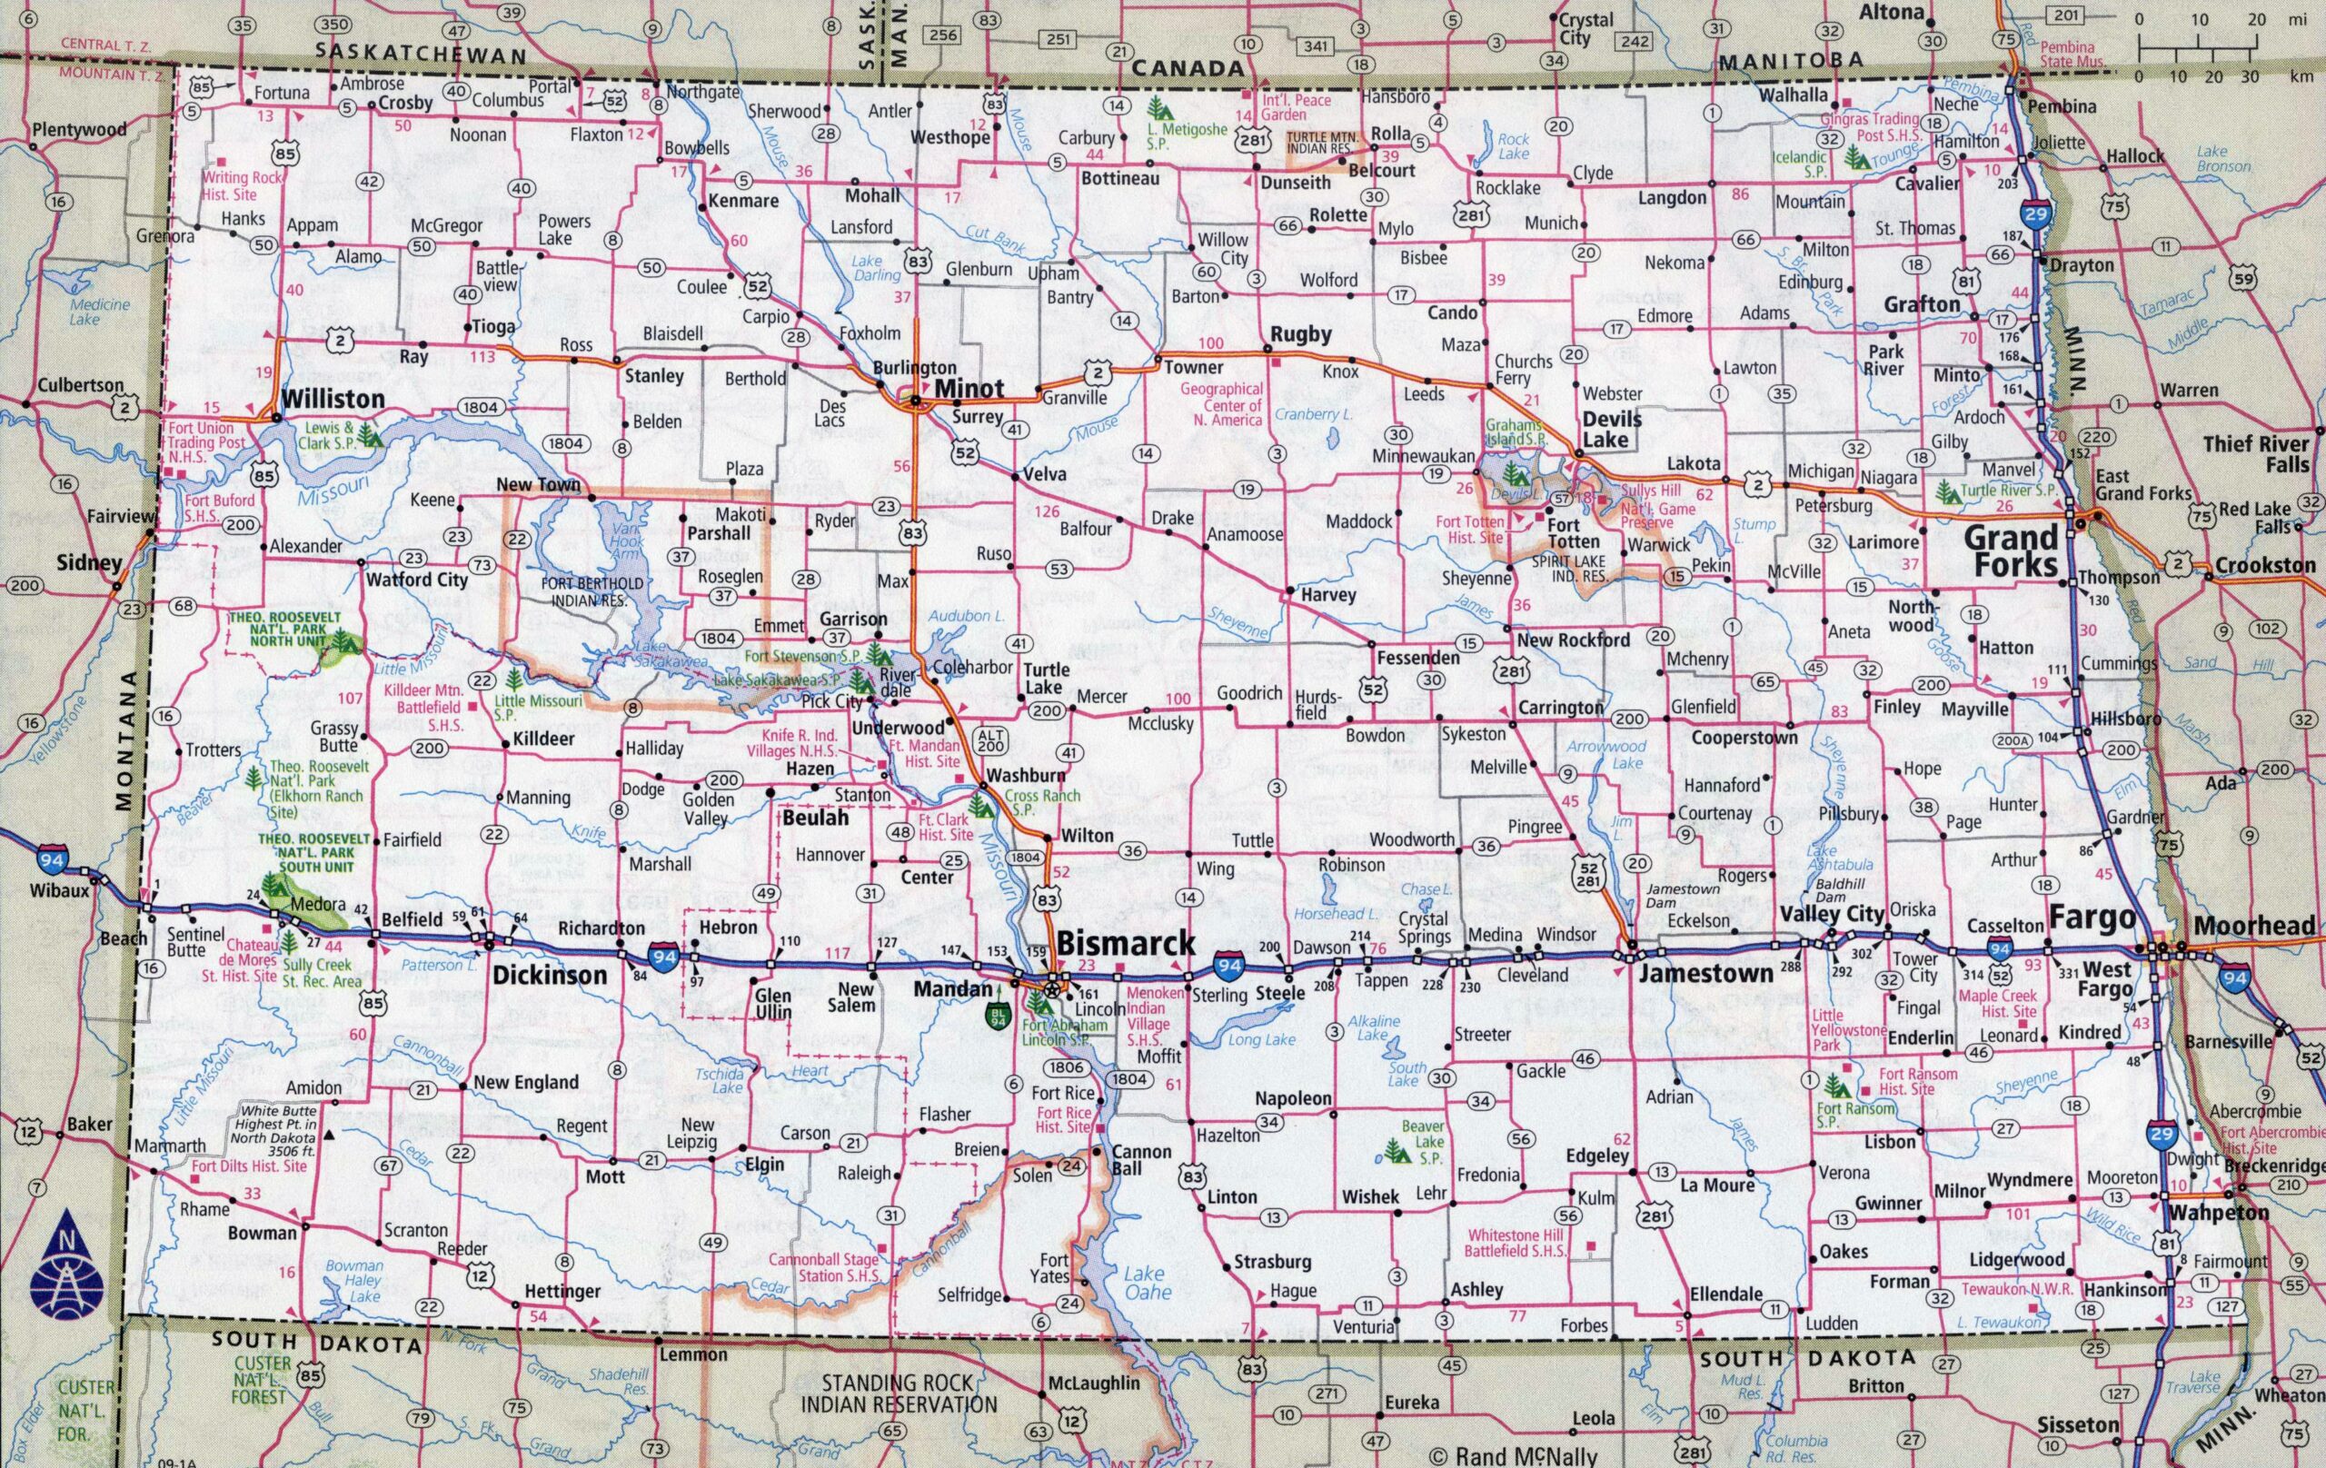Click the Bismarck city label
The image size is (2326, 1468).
pyautogui.click(x=1127, y=944)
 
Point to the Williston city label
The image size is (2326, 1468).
pyautogui.click(x=333, y=399)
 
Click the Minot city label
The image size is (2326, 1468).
pyautogui.click(x=969, y=388)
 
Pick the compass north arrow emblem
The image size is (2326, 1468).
pyautogui.click(x=66, y=1266)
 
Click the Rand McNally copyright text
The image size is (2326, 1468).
pyautogui.click(x=1513, y=1455)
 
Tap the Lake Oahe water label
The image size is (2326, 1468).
pyautogui.click(x=1148, y=1283)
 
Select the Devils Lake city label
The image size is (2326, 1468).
pyautogui.click(x=1611, y=429)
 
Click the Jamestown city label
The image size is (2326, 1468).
pyautogui.click(x=1705, y=974)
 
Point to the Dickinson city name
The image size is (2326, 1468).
pyautogui.click(x=550, y=975)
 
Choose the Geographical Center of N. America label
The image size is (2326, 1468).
pyautogui.click(x=1222, y=404)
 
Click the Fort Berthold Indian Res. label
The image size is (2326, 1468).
pyautogui.click(x=592, y=591)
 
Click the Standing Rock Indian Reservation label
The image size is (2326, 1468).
pyautogui.click(x=899, y=1394)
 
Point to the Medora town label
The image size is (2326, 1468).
pyautogui.click(x=318, y=905)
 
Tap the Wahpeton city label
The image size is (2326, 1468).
pyautogui.click(x=2218, y=1213)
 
